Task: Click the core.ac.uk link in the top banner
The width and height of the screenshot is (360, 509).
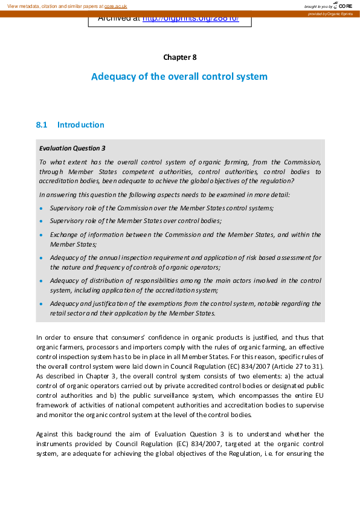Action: (x=115, y=6)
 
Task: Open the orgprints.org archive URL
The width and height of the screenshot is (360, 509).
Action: (x=190, y=18)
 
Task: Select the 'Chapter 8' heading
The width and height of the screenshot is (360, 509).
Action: (x=179, y=57)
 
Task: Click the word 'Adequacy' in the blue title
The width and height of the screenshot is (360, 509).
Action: (x=112, y=77)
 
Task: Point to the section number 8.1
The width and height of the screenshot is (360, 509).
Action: (x=42, y=125)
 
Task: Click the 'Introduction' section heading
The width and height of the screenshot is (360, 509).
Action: (x=80, y=125)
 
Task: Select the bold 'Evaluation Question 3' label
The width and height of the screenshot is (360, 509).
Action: (x=72, y=148)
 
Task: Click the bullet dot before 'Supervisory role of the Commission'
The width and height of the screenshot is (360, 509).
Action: (x=41, y=209)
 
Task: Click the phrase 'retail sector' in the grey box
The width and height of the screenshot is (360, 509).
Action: (x=68, y=313)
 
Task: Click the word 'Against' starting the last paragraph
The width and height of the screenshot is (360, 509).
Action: (x=48, y=434)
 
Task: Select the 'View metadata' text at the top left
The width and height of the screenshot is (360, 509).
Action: (x=24, y=6)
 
